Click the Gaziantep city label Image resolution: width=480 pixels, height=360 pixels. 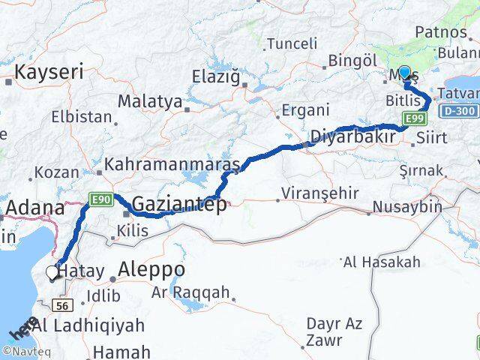(178, 204)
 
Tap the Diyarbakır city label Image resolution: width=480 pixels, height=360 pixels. (353, 139)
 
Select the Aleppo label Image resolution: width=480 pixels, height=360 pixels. (151, 269)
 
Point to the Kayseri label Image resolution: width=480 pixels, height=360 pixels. (48, 73)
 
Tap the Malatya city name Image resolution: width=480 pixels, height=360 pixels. (150, 100)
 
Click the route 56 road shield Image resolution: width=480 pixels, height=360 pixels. (63, 305)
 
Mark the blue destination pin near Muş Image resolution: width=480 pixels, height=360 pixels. (405, 74)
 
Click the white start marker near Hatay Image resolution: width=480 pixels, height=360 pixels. (53, 273)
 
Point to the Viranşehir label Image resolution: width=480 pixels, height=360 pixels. (319, 193)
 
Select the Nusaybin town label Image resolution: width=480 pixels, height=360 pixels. (407, 206)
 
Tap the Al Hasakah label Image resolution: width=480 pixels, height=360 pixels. (380, 262)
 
